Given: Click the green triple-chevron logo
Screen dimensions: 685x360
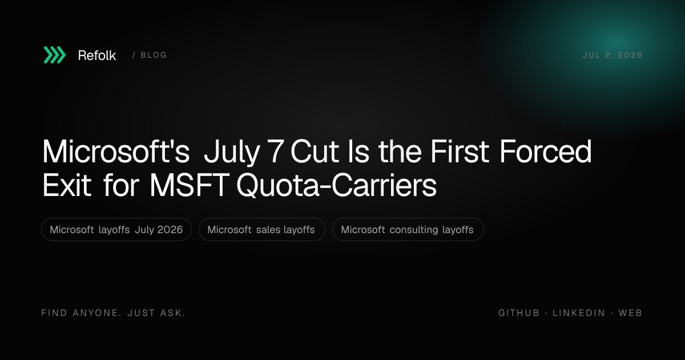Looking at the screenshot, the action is (x=54, y=55).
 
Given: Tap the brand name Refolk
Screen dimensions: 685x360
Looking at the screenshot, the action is (x=97, y=55).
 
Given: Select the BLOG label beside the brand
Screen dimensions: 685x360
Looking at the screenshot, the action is (x=154, y=55).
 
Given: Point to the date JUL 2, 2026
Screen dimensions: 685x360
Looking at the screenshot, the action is (x=612, y=55).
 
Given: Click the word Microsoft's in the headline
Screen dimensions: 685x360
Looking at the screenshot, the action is (x=115, y=151).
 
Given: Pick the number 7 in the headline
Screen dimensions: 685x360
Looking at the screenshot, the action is (x=275, y=151).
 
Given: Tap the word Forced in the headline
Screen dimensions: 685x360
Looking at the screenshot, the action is (x=546, y=151).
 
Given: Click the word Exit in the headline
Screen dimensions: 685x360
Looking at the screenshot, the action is (x=67, y=185).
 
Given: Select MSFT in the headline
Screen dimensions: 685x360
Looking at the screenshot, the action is (x=189, y=185).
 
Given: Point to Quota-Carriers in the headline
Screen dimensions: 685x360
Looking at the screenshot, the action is (x=336, y=186).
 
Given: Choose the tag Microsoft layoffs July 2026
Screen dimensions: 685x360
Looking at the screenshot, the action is (x=116, y=230).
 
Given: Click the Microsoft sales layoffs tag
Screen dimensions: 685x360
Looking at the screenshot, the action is (x=261, y=230).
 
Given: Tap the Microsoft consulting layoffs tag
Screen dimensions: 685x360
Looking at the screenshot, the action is (x=408, y=230).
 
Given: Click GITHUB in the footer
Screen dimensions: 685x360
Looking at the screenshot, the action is (x=519, y=313).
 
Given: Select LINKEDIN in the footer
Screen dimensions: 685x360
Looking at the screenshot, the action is (x=579, y=313).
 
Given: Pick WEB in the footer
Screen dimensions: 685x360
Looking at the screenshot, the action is (x=630, y=313).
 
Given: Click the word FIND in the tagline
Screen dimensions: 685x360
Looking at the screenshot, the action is (x=54, y=313).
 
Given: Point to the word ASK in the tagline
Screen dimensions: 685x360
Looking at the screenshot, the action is (x=173, y=313).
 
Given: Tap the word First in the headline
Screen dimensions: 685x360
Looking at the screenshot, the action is (x=460, y=151).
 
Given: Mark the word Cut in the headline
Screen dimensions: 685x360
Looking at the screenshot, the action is (x=315, y=151).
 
